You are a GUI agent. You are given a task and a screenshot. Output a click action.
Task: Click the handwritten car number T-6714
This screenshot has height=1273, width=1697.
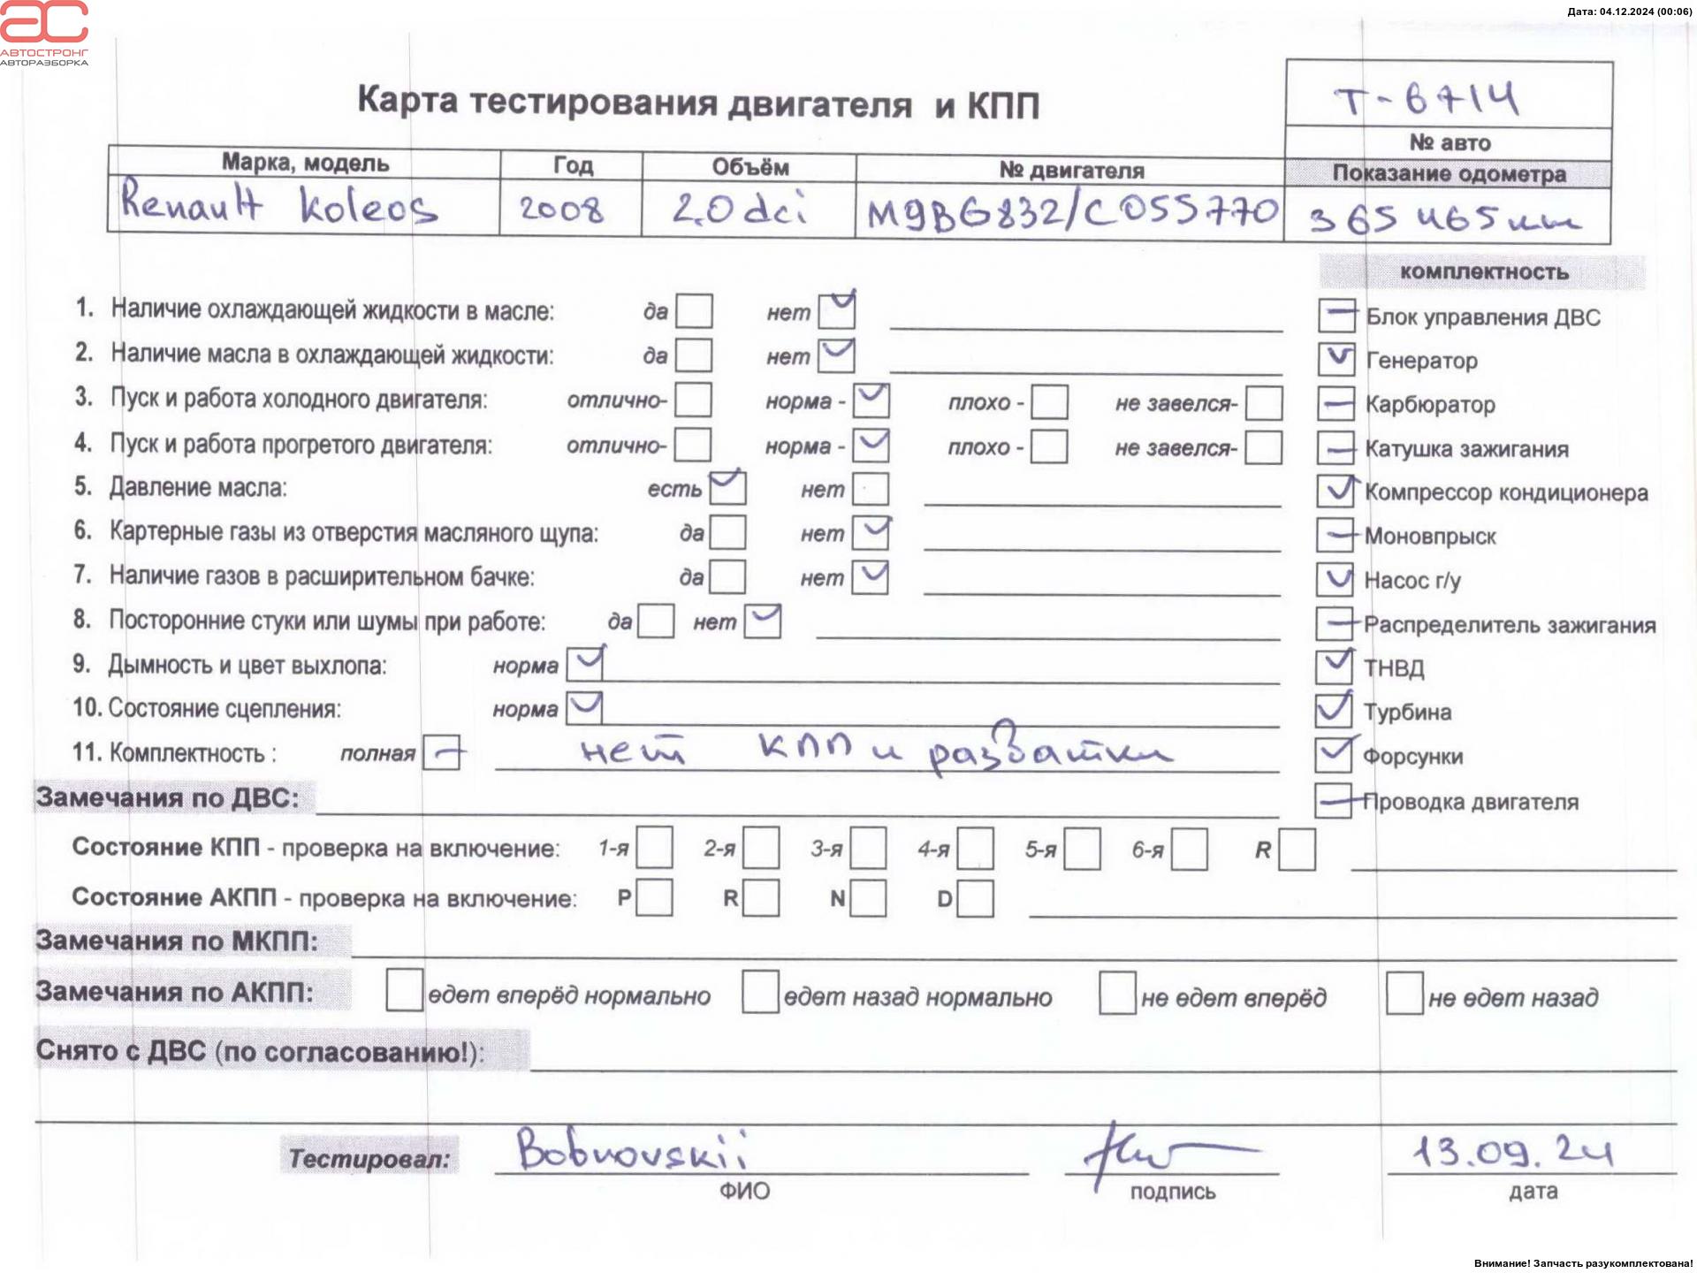pyautogui.click(x=1427, y=99)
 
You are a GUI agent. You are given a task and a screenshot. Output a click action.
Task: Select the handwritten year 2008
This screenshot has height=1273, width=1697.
pyautogui.click(x=561, y=210)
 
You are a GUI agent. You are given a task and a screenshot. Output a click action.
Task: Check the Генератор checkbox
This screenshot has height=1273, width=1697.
pyautogui.click(x=1336, y=359)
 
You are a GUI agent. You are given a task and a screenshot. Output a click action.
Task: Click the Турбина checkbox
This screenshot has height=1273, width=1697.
pyautogui.click(x=1334, y=710)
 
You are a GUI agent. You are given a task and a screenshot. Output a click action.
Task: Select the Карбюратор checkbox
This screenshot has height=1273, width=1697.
pyautogui.click(x=1336, y=403)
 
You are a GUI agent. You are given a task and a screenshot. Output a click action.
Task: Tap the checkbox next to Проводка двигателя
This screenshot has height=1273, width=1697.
pyautogui.click(x=1333, y=800)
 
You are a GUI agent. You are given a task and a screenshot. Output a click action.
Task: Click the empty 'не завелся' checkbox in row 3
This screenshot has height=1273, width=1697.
pyautogui.click(x=1264, y=403)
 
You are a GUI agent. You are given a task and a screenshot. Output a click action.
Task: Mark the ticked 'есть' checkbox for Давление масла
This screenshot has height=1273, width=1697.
pyautogui.click(x=727, y=488)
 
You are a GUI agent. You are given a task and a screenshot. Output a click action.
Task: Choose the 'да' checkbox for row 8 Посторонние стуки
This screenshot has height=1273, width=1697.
pyautogui.click(x=656, y=621)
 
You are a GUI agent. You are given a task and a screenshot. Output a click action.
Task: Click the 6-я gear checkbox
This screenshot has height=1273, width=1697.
pyautogui.click(x=1190, y=850)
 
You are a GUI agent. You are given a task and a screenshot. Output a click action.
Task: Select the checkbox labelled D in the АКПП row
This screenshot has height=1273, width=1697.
pyautogui.click(x=975, y=899)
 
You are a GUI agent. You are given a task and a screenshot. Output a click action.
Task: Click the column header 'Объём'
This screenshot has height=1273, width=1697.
pyautogui.click(x=750, y=167)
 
